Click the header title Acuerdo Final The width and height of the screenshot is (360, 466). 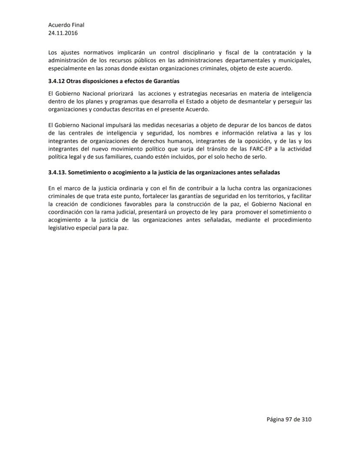coord(66,25)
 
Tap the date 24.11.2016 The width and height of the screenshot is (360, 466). coord(63,33)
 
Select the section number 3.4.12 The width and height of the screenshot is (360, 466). coord(57,81)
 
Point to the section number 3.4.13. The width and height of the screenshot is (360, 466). coord(57,172)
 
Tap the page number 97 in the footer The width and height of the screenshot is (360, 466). coord(290,419)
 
